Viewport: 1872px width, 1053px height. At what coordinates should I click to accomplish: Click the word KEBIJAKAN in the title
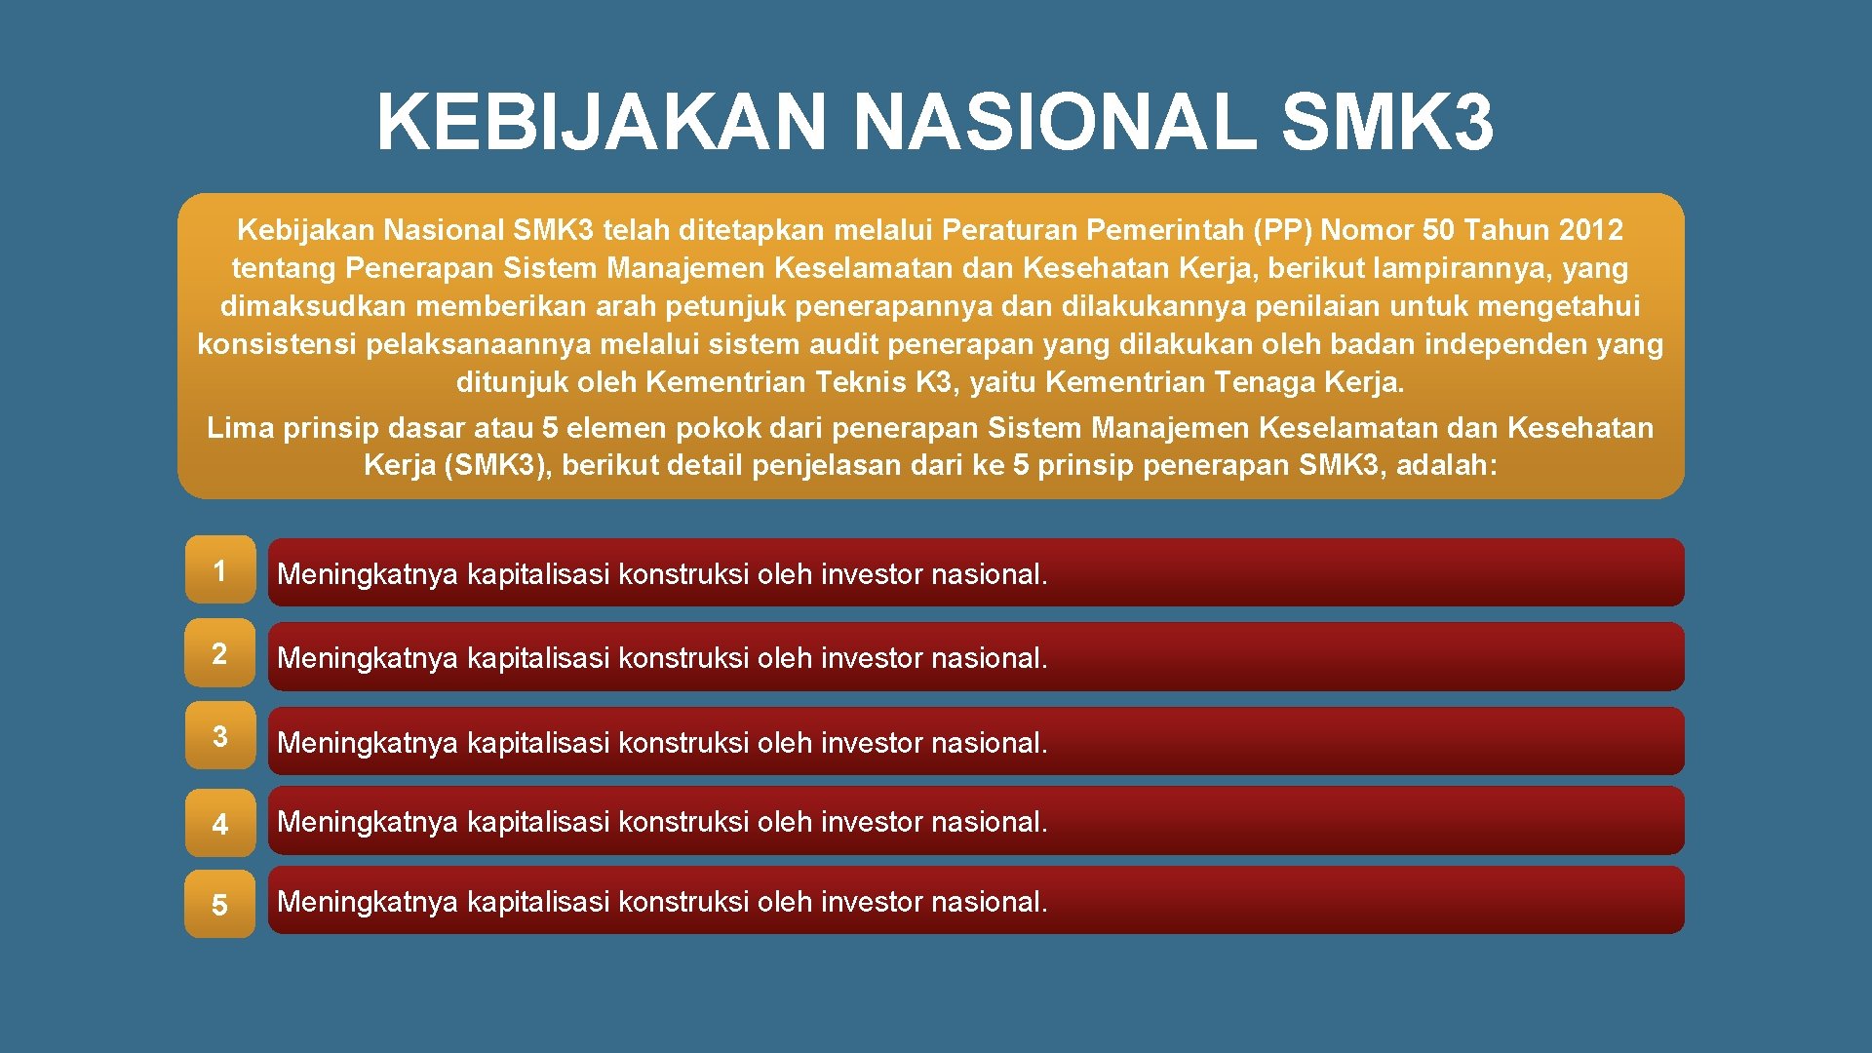pyautogui.click(x=602, y=123)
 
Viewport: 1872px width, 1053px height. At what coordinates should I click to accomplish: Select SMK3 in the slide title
pyautogui.click(x=1386, y=123)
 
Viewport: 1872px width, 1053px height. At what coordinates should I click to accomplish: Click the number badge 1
pyautogui.click(x=219, y=570)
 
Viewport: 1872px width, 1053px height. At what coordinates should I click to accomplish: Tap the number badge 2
pyautogui.click(x=219, y=653)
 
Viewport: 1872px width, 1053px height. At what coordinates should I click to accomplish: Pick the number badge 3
pyautogui.click(x=219, y=736)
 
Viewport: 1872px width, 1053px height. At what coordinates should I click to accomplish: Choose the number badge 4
pyautogui.click(x=219, y=824)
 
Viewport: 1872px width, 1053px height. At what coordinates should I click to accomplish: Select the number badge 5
pyautogui.click(x=219, y=905)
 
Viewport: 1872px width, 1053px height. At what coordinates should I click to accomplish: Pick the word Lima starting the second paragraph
pyautogui.click(x=240, y=428)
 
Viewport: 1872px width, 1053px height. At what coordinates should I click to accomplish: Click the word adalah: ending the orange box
pyautogui.click(x=1446, y=465)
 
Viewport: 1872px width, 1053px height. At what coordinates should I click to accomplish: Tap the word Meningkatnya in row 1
pyautogui.click(x=368, y=574)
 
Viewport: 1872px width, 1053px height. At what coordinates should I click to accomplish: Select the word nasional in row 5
pyautogui.click(x=989, y=902)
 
